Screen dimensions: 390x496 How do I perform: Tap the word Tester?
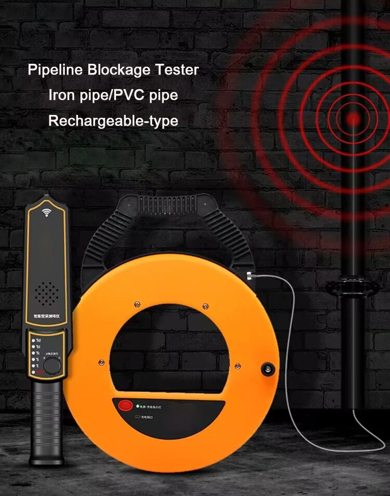[177, 70]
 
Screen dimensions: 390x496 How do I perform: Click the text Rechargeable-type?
[113, 121]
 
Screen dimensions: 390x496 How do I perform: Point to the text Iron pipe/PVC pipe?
[113, 95]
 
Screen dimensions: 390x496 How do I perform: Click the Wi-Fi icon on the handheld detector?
[47, 213]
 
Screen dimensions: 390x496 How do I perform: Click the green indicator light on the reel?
[138, 404]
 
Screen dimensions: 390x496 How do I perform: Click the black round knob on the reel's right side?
[267, 369]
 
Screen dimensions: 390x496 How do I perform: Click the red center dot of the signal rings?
[353, 118]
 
